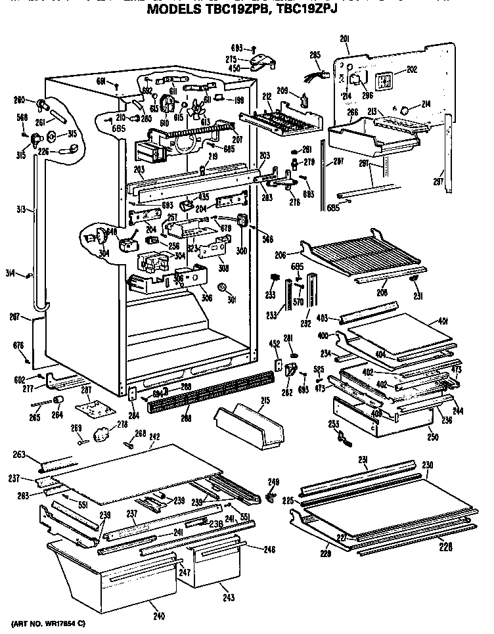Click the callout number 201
(345, 39)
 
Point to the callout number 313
(22, 210)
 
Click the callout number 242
(155, 436)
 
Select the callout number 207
(236, 139)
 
